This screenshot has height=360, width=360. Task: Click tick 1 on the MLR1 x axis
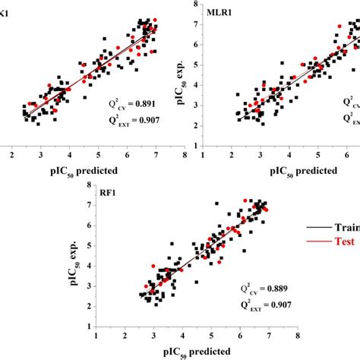click(201, 156)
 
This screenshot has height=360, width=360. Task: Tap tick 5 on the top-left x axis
click(98, 156)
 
